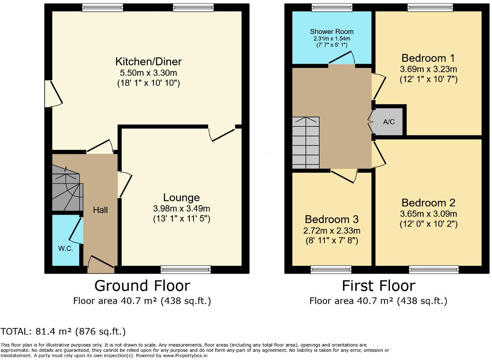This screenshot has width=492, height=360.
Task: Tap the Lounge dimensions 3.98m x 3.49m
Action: [181, 209]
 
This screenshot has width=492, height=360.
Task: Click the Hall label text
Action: [100, 210]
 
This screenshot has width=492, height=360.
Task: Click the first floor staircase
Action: [305, 142]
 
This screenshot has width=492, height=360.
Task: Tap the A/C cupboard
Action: [389, 122]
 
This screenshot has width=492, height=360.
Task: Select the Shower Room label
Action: [331, 32]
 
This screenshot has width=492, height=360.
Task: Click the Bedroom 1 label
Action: [428, 58]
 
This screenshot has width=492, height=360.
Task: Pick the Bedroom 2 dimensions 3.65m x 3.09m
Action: [428, 214]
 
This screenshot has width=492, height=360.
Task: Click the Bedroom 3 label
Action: [332, 219]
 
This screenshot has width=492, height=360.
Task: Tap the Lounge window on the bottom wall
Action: [185, 270]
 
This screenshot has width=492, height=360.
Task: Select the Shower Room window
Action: [332, 7]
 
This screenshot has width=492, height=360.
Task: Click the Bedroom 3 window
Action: [331, 270]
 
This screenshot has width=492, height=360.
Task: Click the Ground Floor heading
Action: [142, 286]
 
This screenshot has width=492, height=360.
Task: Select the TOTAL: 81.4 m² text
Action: [63, 332]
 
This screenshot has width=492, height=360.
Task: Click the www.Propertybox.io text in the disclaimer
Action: [184, 355]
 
